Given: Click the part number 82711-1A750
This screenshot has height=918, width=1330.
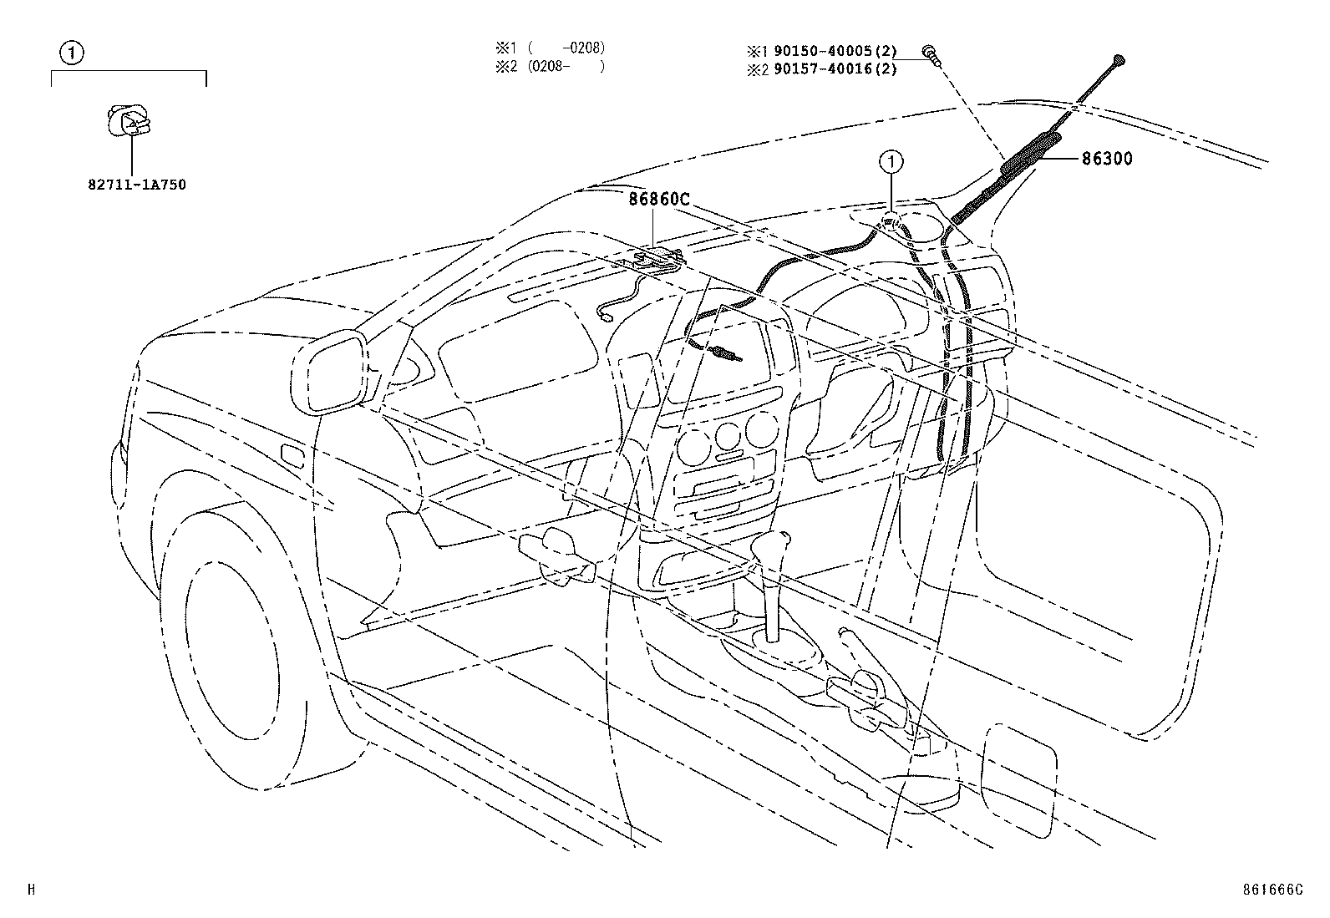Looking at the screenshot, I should tap(136, 185).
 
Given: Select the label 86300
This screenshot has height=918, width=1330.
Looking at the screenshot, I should tap(1107, 159).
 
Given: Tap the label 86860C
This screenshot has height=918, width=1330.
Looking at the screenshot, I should tap(660, 200).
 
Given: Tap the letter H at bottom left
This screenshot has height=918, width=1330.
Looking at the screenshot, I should tap(31, 890).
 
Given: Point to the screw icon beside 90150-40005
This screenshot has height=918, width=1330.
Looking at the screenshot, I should tap(930, 53).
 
